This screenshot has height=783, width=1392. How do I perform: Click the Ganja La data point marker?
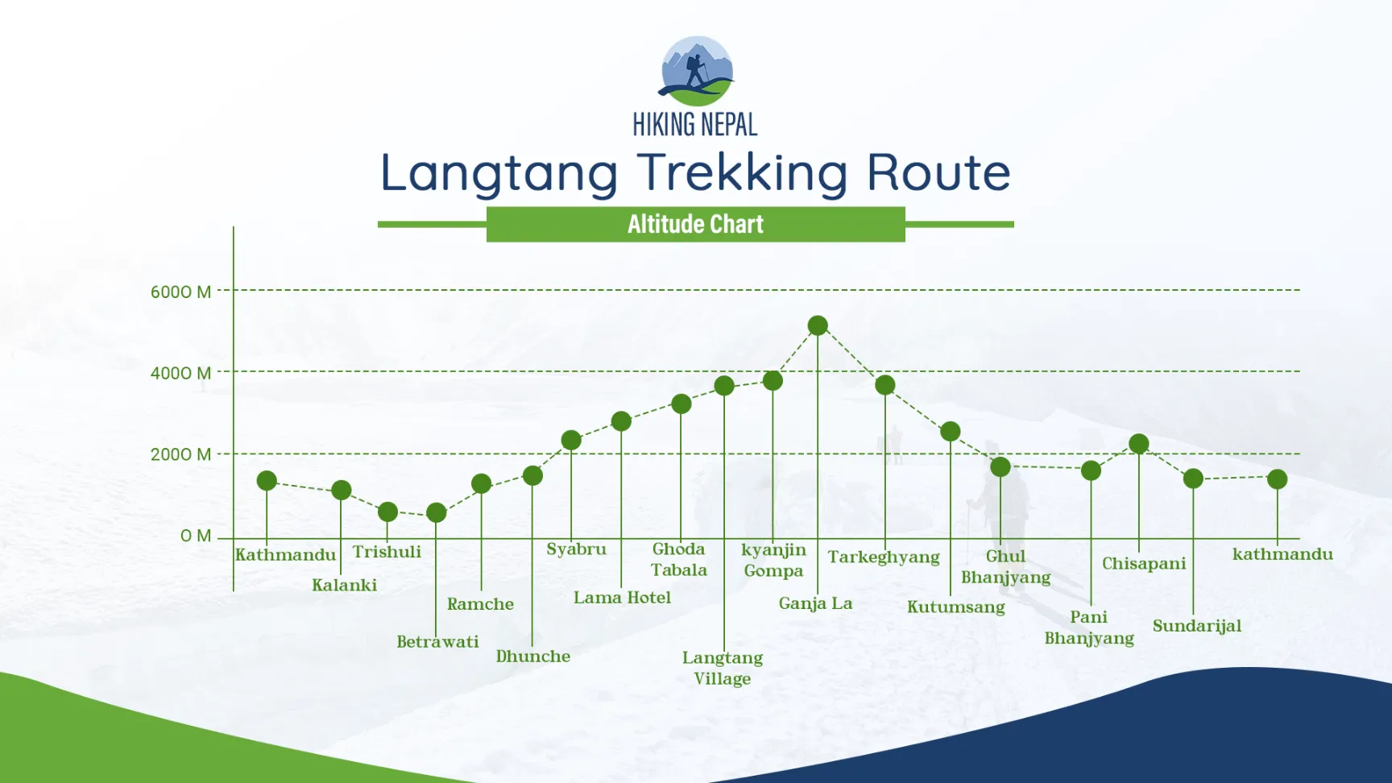click(x=818, y=325)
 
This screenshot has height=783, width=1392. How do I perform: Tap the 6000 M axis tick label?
click(x=180, y=292)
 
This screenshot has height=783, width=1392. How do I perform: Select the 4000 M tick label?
click(x=180, y=373)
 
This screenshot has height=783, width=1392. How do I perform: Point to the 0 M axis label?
click(x=196, y=536)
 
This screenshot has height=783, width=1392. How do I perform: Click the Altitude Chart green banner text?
click(x=695, y=224)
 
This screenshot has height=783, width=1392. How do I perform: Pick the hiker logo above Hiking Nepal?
click(x=696, y=71)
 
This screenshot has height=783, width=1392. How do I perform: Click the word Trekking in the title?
click(x=742, y=172)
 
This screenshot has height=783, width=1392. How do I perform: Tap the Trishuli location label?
click(x=387, y=552)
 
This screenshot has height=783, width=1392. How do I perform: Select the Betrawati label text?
click(x=437, y=642)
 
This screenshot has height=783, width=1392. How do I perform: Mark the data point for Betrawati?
click(x=436, y=512)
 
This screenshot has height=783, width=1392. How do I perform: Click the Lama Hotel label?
click(x=622, y=598)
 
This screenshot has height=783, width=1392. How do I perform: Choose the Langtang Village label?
click(x=723, y=668)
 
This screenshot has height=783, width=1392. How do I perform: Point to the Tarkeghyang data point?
click(x=885, y=385)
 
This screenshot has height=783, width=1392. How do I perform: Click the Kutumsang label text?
click(x=955, y=607)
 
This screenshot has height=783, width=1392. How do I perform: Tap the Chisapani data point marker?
click(x=1138, y=444)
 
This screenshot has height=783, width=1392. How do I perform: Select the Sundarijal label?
click(x=1196, y=626)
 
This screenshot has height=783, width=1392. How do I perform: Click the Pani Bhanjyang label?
click(x=1089, y=628)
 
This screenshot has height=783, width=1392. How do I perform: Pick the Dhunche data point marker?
click(x=532, y=475)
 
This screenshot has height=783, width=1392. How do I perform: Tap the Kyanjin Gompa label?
click(x=773, y=560)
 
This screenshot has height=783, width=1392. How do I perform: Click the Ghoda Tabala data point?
click(x=681, y=404)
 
